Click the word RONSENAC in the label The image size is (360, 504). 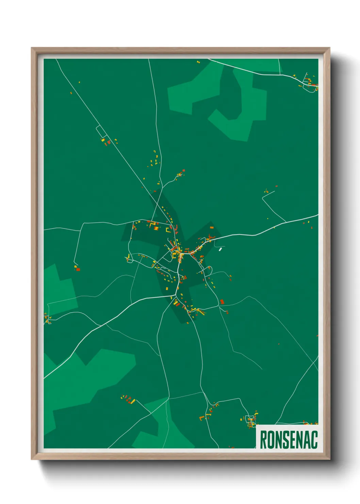[x=289, y=439]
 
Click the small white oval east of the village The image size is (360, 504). [x=220, y=249]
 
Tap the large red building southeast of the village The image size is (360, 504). [x=222, y=302]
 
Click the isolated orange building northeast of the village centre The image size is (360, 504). [x=211, y=227]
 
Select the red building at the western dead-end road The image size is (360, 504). [x=78, y=269]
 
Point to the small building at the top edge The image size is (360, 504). [x=198, y=62]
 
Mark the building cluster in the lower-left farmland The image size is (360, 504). [x=129, y=399]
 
